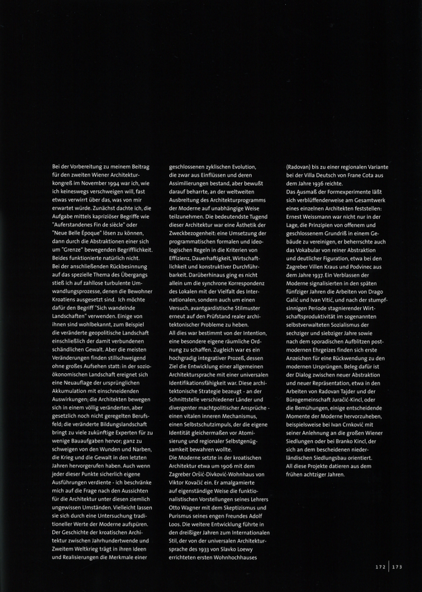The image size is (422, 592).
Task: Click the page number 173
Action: (x=397, y=568)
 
